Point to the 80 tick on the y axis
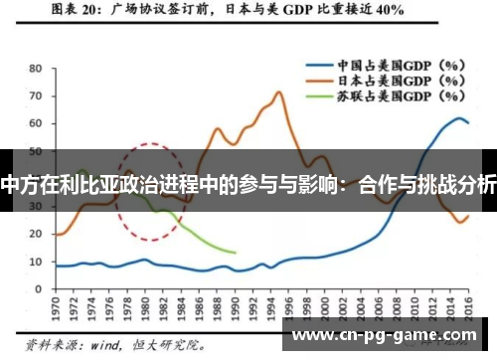point(35,70)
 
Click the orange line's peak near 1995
point(279,92)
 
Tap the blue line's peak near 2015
point(458,118)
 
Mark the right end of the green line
point(235,253)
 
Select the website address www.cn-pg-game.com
point(388,336)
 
